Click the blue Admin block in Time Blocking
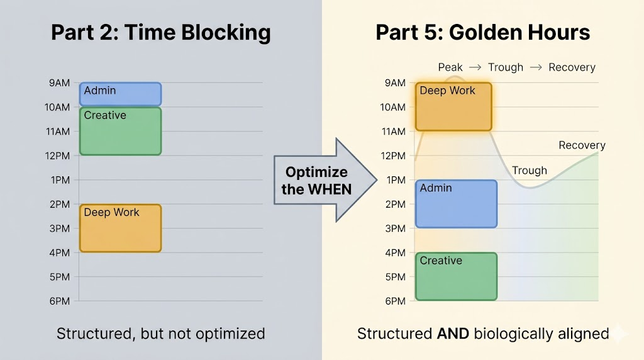[120, 94]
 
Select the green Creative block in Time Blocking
[120, 131]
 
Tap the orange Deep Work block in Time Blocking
[120, 228]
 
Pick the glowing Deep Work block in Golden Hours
[453, 107]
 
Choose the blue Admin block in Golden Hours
[456, 204]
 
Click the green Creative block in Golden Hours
[456, 276]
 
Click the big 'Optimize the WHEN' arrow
[325, 180]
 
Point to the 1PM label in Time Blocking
[60, 180]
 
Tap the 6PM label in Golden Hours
[395, 301]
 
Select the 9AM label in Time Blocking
[60, 83]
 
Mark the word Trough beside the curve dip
[530, 171]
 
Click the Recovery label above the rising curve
[582, 145]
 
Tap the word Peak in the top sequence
[450, 67]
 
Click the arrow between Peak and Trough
[475, 67]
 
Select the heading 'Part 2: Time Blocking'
[161, 32]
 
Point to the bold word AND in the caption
[453, 334]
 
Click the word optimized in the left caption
[230, 334]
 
